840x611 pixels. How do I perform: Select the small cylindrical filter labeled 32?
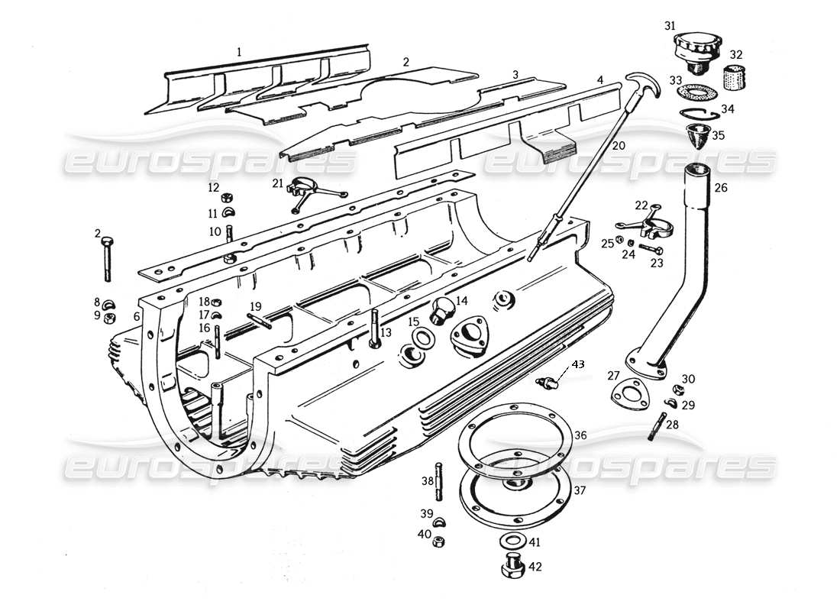(735, 78)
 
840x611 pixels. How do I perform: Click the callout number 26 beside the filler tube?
(722, 187)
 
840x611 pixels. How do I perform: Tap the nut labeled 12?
(228, 199)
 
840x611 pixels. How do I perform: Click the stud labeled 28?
(655, 425)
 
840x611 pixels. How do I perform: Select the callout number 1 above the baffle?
(239, 53)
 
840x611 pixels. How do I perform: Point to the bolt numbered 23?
(651, 249)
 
